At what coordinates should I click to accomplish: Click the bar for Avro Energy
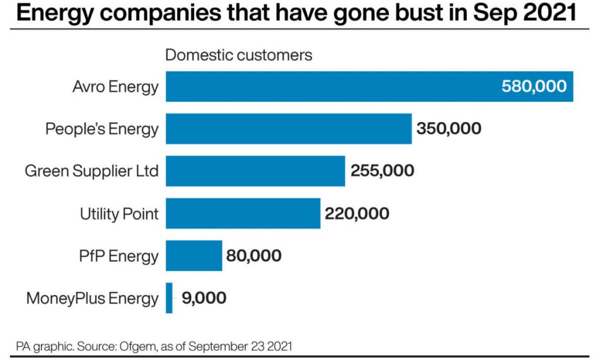pos(328,87)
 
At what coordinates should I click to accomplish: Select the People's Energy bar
pos(288,128)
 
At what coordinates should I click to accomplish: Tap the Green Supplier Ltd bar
pos(255,171)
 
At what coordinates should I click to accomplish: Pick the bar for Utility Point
pos(243,213)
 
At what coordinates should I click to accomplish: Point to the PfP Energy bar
pos(194,256)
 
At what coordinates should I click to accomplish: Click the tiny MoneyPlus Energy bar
pos(169,298)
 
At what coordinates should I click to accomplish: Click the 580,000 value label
pos(534,87)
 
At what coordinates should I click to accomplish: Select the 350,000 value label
pos(449,128)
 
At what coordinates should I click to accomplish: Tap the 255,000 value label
pos(382,171)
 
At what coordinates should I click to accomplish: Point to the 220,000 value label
pos(357,213)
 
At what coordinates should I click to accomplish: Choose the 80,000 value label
pos(254,256)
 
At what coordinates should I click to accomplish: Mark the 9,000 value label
pos(204,298)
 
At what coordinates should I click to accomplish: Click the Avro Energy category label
pos(115,87)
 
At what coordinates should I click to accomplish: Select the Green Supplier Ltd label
pos(91,171)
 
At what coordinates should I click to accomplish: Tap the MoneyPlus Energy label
pos(93,298)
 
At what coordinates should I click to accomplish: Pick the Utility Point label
pos(119,213)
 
